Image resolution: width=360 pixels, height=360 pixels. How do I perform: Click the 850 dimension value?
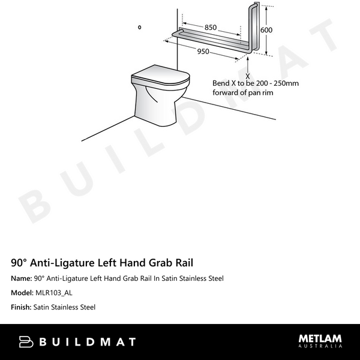coord(211,28)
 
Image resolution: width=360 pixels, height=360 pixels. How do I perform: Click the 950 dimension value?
coord(203,52)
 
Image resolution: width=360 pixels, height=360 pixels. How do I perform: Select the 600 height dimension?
coord(266,31)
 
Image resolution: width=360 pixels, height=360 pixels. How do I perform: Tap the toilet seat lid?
coord(160,77)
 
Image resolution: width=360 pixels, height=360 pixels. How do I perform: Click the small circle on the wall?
coord(140,27)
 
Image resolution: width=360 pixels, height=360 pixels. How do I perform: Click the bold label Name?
coord(21,278)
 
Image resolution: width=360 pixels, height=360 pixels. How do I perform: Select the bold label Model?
coord(22,293)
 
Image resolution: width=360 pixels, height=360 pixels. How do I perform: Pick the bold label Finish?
coord(22,307)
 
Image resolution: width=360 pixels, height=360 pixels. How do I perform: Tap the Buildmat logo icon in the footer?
coord(26,342)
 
